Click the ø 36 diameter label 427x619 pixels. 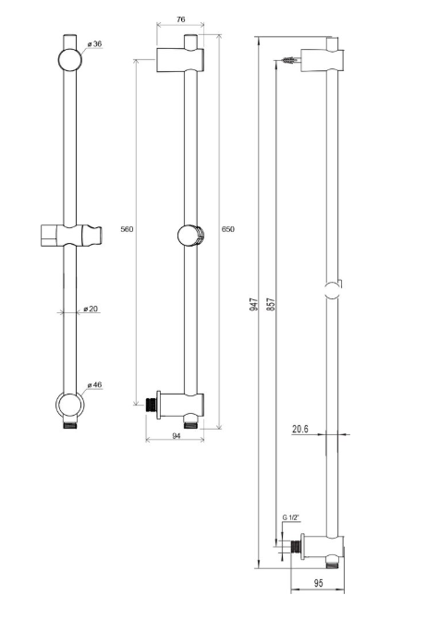(93, 44)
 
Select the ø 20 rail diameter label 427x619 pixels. (91, 309)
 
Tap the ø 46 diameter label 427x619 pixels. (93, 384)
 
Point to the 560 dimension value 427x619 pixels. (127, 229)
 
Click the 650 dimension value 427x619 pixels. (227, 229)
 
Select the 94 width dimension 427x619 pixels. (175, 438)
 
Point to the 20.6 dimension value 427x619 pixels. (300, 428)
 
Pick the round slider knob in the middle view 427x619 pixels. (190, 236)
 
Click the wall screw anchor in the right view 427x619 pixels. (292, 62)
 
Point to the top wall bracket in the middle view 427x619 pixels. (177, 59)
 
